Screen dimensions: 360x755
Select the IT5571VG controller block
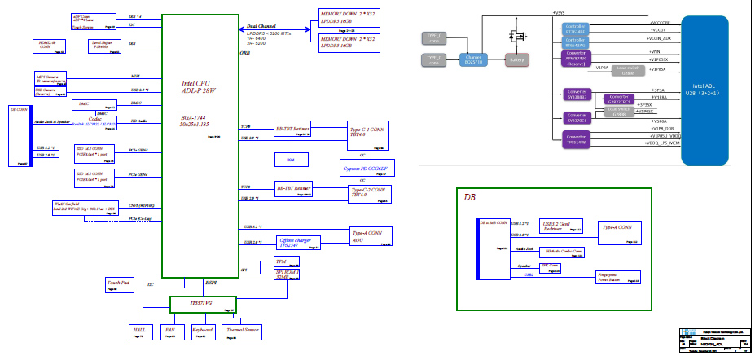point(201,305)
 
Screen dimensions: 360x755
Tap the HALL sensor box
point(138,331)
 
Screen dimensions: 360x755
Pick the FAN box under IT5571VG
point(170,331)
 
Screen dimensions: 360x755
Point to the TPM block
point(265,262)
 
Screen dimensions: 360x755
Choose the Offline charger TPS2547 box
point(298,242)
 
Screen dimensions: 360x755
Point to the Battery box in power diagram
point(514,59)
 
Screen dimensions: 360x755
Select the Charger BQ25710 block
point(473,59)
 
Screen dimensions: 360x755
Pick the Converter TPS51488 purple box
point(577,138)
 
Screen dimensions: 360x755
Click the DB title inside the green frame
point(470,198)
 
